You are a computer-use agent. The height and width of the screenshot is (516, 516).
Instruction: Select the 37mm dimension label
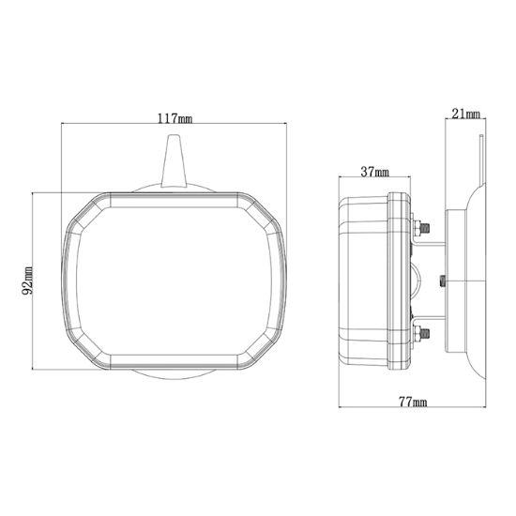click(x=374, y=172)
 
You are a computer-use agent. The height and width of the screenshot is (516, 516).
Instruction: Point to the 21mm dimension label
click(x=465, y=114)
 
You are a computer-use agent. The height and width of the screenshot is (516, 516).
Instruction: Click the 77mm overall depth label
click(x=412, y=402)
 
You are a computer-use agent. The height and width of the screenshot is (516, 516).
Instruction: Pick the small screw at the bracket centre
click(x=442, y=279)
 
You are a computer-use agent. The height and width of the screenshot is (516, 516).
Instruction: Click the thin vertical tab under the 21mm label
click(x=481, y=159)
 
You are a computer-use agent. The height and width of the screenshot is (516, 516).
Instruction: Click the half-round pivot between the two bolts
click(x=417, y=279)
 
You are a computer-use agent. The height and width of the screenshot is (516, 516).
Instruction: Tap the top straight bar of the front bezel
click(x=174, y=198)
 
